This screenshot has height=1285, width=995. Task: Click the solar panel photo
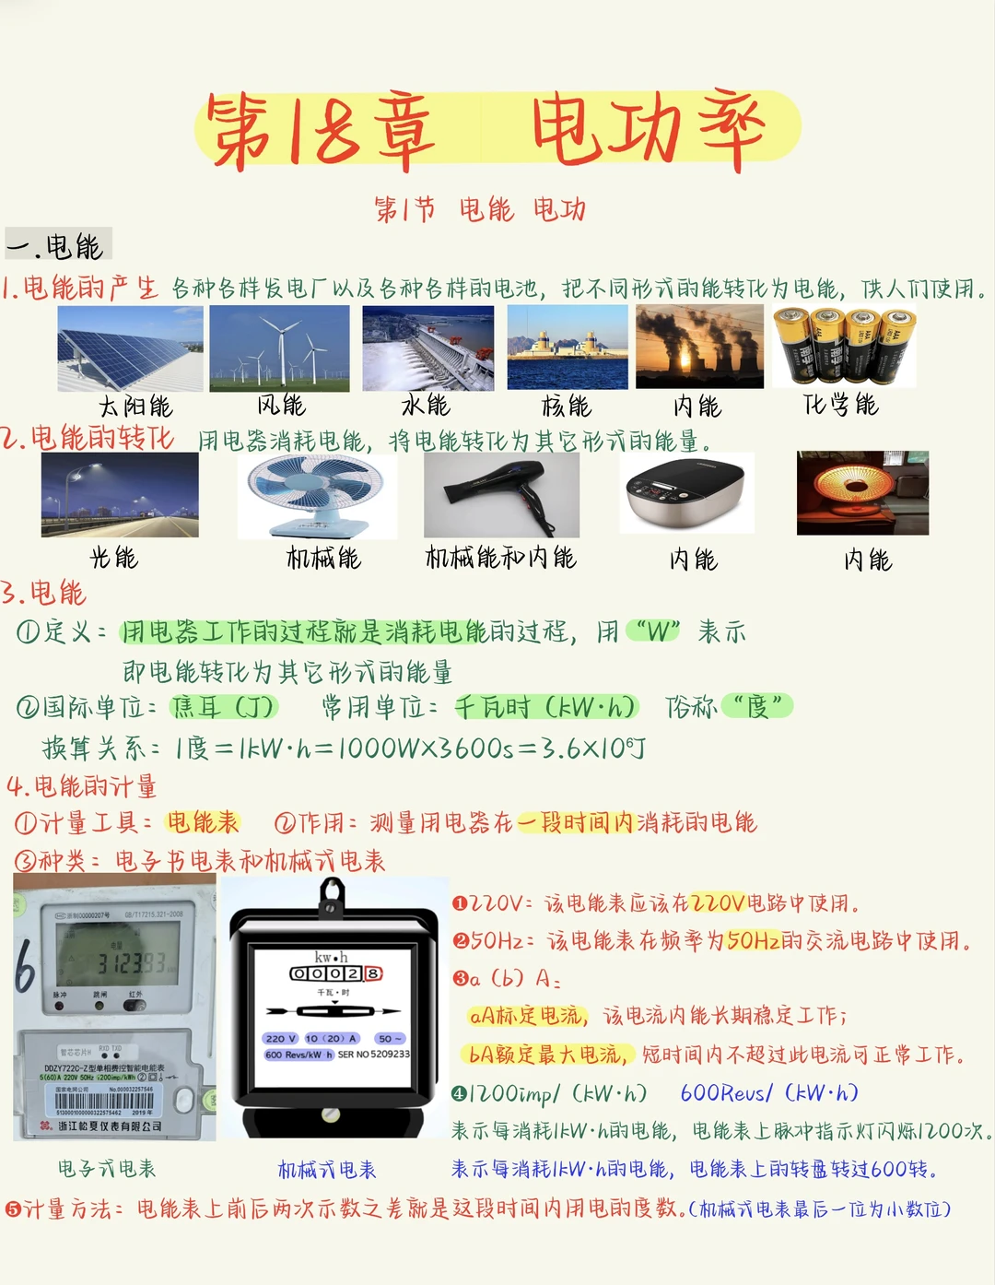point(130,348)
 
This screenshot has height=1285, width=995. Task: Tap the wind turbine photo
point(280,348)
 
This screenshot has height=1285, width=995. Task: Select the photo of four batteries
point(843,347)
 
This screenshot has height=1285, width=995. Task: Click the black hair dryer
point(501,493)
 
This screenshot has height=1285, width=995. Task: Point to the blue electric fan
point(318,493)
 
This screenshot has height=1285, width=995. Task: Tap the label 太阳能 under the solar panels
point(135,407)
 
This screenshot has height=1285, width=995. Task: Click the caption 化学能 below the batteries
point(840,405)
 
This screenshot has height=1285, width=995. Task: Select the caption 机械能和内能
point(500,558)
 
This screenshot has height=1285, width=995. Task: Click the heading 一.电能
point(57,246)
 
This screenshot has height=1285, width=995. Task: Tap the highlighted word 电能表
point(203,822)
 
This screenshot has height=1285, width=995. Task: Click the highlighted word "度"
point(757,707)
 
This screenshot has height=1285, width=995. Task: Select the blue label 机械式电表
point(327,1170)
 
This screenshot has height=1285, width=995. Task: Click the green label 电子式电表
point(107,1169)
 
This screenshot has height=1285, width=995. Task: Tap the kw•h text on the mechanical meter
point(331,957)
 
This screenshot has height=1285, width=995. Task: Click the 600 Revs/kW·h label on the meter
point(298,1055)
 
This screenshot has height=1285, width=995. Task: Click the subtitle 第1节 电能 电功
point(479,209)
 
